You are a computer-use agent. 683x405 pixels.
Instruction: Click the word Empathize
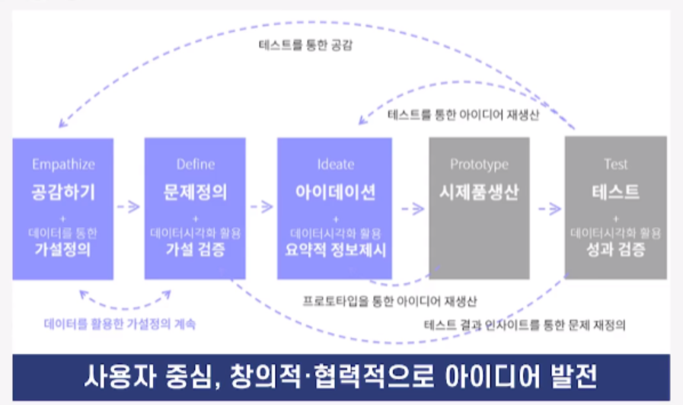tap(63, 164)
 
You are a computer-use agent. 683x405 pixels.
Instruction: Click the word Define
tap(196, 164)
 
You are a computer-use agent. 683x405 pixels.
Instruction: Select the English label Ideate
tap(335, 164)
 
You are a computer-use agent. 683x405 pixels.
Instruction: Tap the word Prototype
tap(479, 164)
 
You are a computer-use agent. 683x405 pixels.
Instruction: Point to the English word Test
tap(616, 164)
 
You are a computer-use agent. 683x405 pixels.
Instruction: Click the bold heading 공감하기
tap(63, 191)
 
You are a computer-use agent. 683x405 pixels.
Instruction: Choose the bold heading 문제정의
tap(196, 191)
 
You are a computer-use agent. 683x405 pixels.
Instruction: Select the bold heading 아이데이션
tap(335, 192)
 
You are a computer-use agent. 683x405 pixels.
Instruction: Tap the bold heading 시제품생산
tap(479, 192)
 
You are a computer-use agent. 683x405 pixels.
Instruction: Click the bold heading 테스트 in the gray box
tap(616, 192)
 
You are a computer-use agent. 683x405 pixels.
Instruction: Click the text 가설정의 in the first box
tap(63, 250)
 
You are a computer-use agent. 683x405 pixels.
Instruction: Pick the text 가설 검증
tap(196, 250)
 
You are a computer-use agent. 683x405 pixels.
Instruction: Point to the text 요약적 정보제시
tap(335, 250)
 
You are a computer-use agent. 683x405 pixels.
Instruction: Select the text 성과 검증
tap(616, 250)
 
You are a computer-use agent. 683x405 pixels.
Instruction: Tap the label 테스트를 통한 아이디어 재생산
tap(464, 116)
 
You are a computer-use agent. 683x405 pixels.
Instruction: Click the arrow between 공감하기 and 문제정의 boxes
tap(129, 206)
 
